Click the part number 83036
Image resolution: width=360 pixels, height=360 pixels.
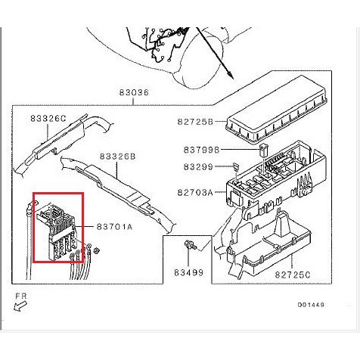[x=134, y=92]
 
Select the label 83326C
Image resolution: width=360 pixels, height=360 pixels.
[x=48, y=118]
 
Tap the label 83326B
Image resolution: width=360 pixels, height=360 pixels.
[x=118, y=157]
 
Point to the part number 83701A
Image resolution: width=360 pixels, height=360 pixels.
[x=114, y=227]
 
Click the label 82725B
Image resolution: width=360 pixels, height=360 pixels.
[x=195, y=122]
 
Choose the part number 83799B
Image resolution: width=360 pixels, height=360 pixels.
[x=202, y=150]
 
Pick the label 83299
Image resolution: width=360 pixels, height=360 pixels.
[x=198, y=167]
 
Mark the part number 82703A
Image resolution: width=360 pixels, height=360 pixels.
[x=195, y=193]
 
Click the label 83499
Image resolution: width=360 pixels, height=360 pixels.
[x=189, y=272]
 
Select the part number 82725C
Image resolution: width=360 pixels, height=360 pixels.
[x=293, y=275]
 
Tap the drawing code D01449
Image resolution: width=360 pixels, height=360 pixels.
[x=311, y=305]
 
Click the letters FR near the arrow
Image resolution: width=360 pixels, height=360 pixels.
[x=21, y=296]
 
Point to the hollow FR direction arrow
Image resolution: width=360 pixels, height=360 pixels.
[x=20, y=306]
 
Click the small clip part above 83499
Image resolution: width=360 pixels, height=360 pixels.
[x=188, y=244]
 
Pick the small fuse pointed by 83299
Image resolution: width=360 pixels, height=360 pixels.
[x=236, y=166]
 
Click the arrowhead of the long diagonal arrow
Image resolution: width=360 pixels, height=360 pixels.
[x=229, y=73]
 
